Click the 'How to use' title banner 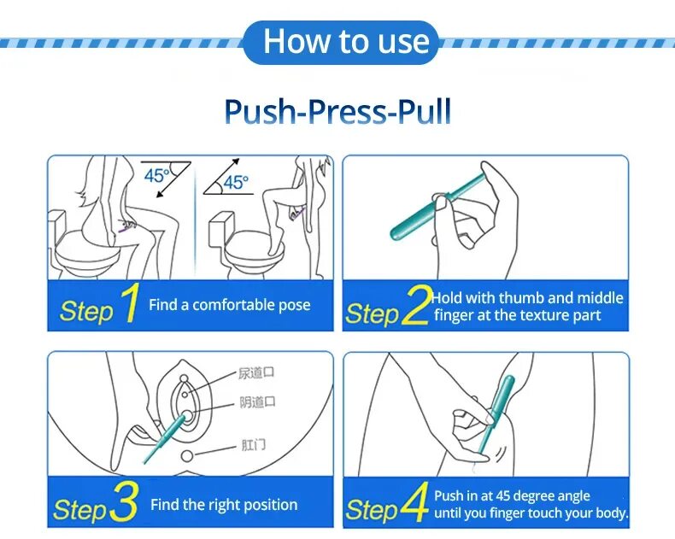tap(341, 42)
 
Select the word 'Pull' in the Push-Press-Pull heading tap(424, 112)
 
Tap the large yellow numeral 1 tap(130, 302)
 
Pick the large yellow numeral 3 tap(124, 501)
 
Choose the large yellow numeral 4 tap(414, 502)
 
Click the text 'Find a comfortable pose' tap(230, 305)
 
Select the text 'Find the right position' tap(224, 505)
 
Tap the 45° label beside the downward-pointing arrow tap(156, 175)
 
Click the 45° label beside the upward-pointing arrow tap(236, 182)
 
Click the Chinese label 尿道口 tap(256, 372)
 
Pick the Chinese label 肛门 tap(253, 444)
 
